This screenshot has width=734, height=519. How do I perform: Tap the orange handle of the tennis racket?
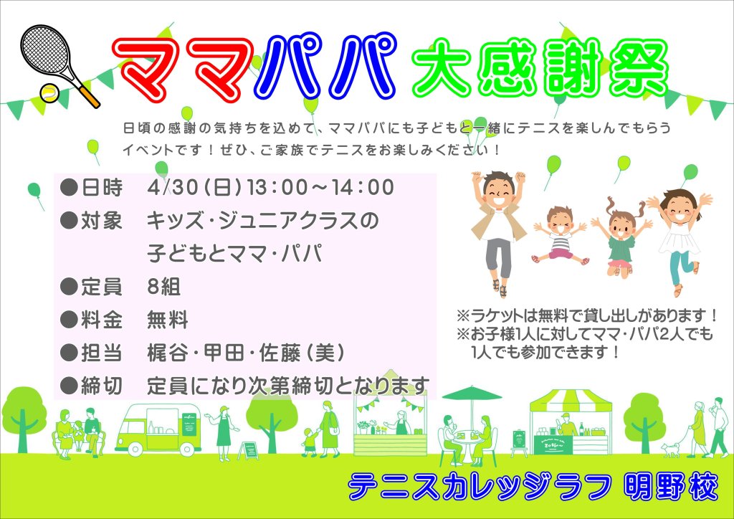point(89,97)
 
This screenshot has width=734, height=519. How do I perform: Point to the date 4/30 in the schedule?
point(173,187)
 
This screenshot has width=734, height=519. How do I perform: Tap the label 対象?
point(101,220)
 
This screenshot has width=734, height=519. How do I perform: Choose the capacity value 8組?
point(163,287)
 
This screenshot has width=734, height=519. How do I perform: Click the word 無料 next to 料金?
point(167,320)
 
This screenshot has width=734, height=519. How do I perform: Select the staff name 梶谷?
point(167,353)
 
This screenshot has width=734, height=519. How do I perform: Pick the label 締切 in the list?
point(101,386)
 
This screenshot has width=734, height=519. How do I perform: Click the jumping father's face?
point(499,192)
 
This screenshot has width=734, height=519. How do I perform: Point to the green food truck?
point(158,428)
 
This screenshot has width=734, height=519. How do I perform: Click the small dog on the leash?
point(670,449)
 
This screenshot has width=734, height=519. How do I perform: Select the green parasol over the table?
point(472,394)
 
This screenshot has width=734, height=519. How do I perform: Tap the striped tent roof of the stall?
point(571,401)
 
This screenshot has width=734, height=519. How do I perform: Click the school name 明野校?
point(671,487)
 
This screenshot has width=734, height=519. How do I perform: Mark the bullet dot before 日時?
point(69,187)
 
